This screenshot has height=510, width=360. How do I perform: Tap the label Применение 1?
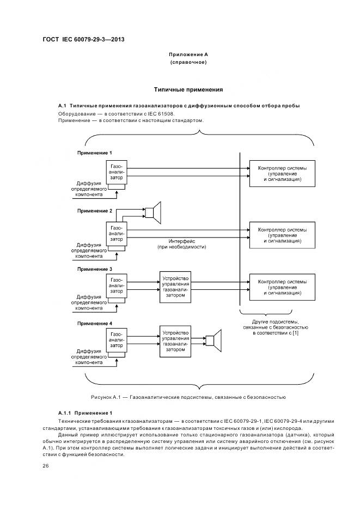(x=95, y=153)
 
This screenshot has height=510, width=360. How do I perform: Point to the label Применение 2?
(x=95, y=210)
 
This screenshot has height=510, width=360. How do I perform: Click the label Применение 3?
(x=95, y=269)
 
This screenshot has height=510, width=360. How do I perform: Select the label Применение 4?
(x=95, y=324)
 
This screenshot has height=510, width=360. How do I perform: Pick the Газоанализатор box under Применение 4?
(x=117, y=341)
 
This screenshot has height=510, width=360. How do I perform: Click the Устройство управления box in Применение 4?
(x=175, y=341)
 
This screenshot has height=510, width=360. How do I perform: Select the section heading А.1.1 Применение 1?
(x=85, y=412)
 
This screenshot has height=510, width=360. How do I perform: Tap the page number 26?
(x=46, y=465)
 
